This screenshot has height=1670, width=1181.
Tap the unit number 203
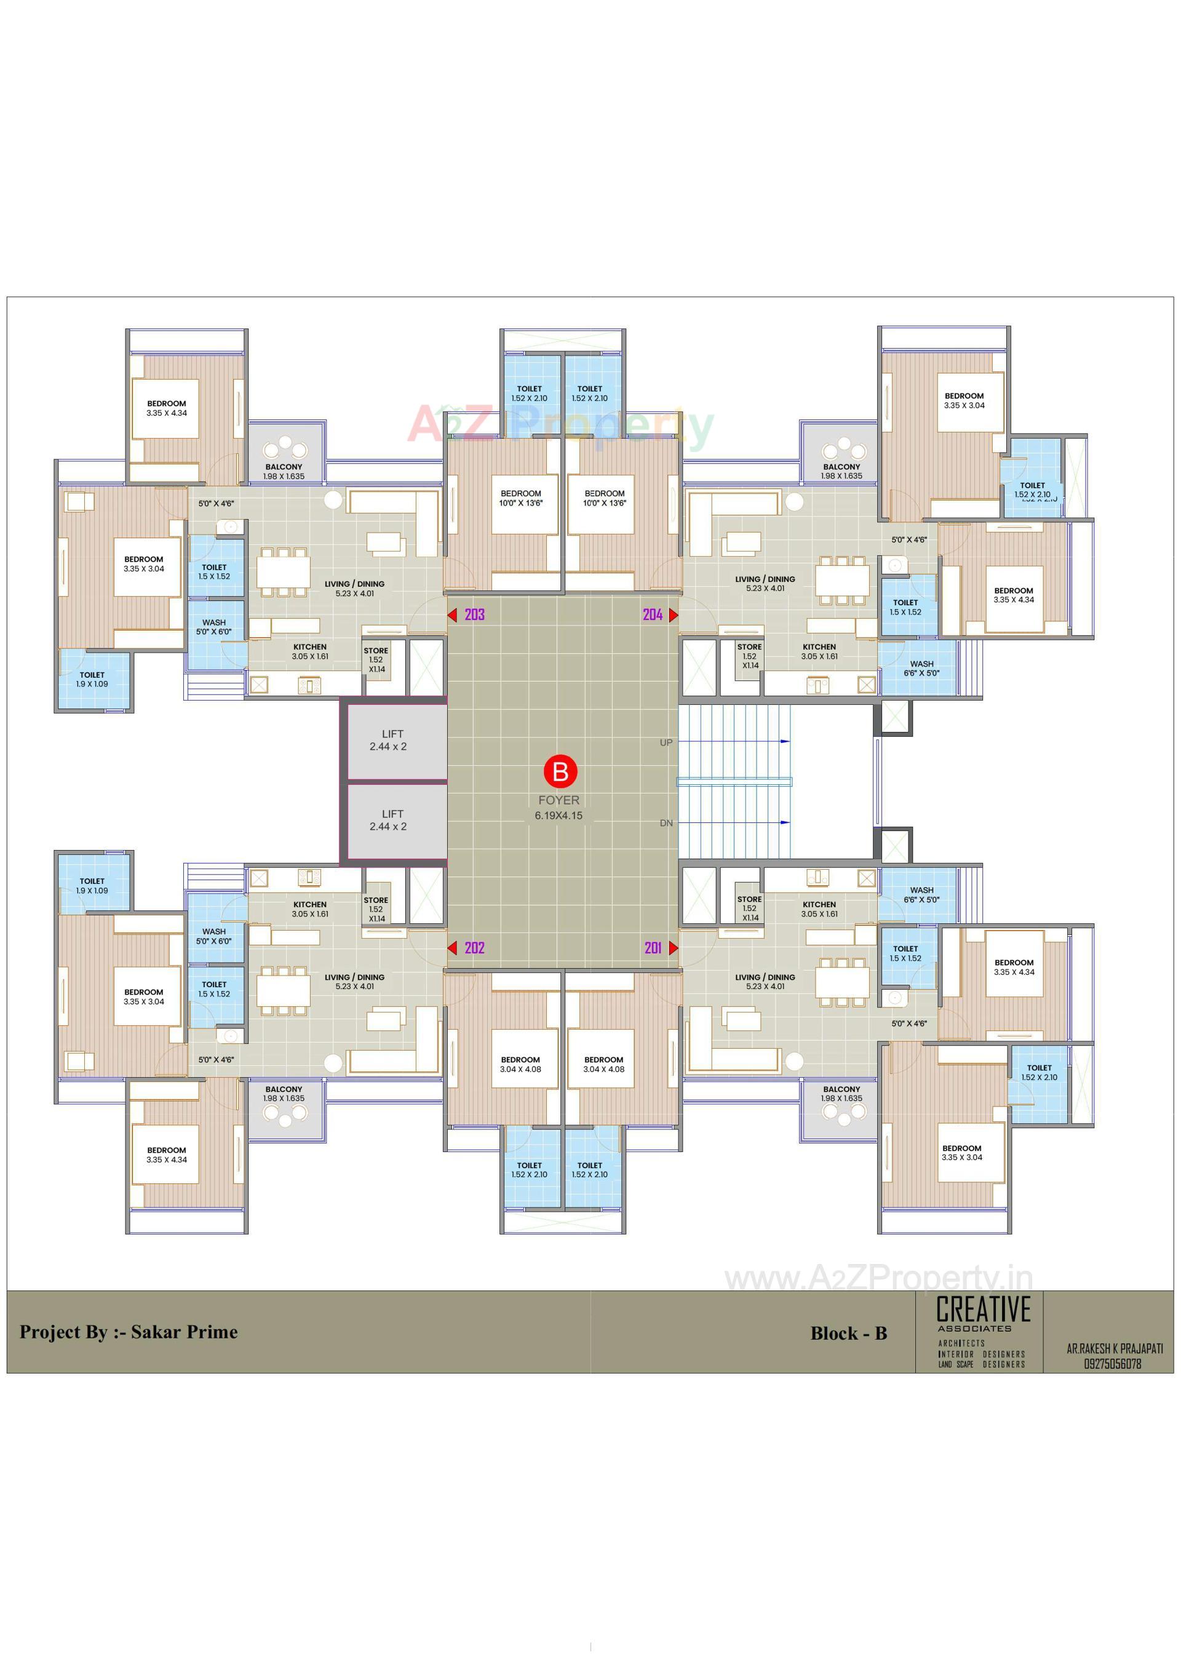click(x=474, y=614)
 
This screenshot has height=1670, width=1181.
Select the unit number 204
click(x=652, y=614)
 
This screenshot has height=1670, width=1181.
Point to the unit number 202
click(x=474, y=948)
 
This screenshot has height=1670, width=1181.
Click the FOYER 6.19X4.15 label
click(x=559, y=808)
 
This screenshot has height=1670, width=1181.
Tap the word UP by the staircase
click(x=666, y=742)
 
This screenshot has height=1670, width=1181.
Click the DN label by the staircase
click(x=666, y=824)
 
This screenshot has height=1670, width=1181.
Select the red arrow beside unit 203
click(x=452, y=615)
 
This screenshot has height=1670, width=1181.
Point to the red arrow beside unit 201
click(x=674, y=948)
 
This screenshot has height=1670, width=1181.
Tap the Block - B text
click(x=849, y=1334)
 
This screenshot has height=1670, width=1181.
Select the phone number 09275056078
click(x=1112, y=1364)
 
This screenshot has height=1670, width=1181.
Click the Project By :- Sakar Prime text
click(x=129, y=1332)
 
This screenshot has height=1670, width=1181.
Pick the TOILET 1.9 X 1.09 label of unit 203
click(x=92, y=679)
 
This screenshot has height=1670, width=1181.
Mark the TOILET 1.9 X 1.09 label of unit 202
click(x=92, y=886)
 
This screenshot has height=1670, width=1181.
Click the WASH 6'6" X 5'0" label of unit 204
click(x=921, y=669)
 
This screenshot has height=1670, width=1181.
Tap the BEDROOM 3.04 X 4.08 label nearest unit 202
click(x=521, y=1065)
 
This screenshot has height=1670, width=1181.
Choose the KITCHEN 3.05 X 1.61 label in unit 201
click(x=819, y=909)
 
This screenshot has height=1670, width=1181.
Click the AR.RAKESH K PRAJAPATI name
click(x=1114, y=1348)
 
